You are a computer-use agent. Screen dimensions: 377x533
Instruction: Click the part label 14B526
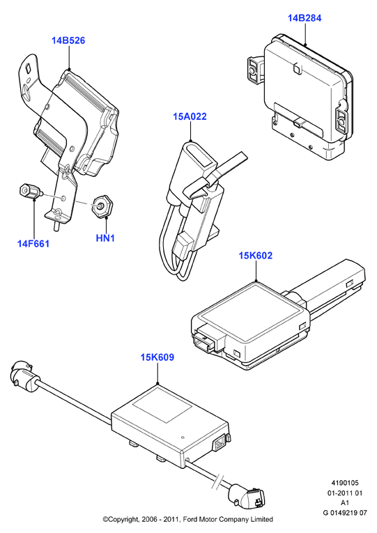point(68,40)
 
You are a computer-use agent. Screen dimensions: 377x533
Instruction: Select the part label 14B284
point(305,18)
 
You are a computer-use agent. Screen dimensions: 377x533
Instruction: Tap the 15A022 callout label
point(190,116)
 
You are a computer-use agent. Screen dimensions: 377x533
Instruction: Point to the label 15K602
point(256,255)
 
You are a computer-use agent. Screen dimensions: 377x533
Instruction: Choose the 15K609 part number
point(157,357)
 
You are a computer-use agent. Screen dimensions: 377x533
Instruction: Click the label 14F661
point(33,244)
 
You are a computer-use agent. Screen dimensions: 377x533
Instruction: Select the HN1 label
point(105,238)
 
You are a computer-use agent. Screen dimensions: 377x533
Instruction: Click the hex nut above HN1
point(102,206)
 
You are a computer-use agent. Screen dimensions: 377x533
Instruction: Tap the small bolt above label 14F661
point(30,192)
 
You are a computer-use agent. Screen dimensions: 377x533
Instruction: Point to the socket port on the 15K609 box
point(218,444)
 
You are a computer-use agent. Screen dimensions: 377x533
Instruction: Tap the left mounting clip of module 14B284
point(255,70)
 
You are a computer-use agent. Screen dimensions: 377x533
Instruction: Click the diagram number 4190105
point(345,483)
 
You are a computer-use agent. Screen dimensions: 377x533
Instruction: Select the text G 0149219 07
point(345,513)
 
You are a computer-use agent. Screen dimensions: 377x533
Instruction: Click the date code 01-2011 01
point(345,493)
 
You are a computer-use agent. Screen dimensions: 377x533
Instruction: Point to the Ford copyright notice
point(188,519)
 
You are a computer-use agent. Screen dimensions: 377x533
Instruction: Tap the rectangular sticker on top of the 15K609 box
point(162,405)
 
